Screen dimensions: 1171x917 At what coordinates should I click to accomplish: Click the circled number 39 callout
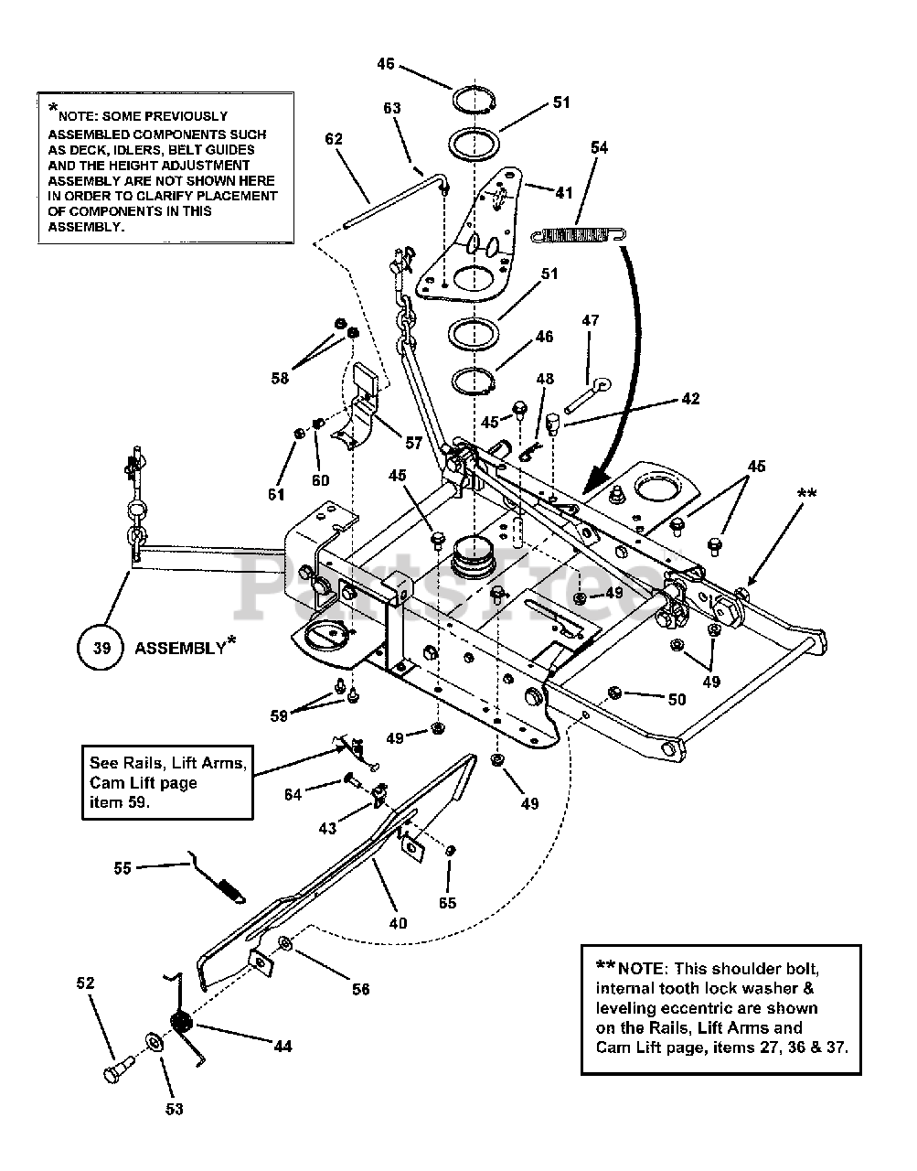pos(101,648)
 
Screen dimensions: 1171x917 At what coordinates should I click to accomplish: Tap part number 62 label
pos(334,139)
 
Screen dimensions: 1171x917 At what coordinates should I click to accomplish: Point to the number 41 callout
pos(564,193)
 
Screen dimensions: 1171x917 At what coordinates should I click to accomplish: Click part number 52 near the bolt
pos(84,983)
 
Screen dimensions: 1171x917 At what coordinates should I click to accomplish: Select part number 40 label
pos(397,923)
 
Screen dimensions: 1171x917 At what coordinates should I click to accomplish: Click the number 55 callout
pos(123,867)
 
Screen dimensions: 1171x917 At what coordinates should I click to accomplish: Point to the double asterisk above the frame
pos(807,495)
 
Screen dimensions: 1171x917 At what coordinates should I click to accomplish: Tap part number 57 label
pos(413,443)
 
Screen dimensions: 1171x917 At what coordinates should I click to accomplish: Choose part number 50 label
pos(676,700)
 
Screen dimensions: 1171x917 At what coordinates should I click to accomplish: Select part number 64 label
pos(293,794)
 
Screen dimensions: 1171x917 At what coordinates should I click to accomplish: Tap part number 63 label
pos(391,108)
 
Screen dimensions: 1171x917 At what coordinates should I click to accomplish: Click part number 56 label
pos(361,989)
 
